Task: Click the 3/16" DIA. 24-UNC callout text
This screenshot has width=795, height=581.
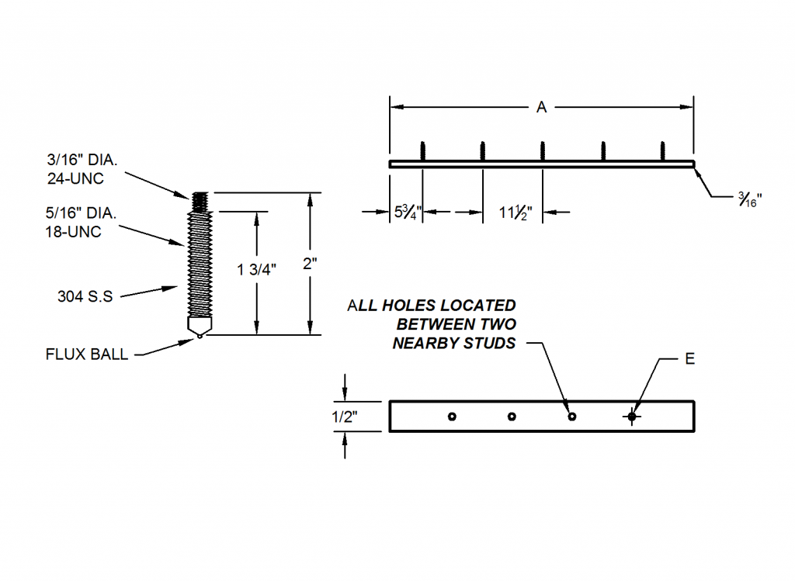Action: coord(82,169)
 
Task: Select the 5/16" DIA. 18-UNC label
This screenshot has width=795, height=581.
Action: coord(81,223)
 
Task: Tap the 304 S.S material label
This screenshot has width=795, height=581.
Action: coord(85,296)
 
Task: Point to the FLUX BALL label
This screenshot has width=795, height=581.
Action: coord(87,354)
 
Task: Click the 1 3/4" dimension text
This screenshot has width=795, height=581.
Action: coord(256,269)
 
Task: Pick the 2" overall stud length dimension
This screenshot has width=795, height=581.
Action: coord(310,264)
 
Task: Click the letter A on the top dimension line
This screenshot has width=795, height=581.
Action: coord(541,107)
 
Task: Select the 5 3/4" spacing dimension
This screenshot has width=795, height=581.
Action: coord(408,212)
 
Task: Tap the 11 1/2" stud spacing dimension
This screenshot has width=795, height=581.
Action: coord(516,213)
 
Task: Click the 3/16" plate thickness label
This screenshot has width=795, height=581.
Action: coord(750,199)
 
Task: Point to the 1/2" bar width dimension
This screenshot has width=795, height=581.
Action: coord(345,417)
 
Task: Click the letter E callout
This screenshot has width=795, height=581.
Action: coord(689,358)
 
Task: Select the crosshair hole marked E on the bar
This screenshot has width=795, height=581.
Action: coord(632,417)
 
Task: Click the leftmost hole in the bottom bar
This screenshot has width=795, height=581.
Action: coord(453,417)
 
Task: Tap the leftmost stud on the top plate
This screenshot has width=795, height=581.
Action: coord(423,151)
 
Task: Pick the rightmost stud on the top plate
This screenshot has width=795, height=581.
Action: coord(663,151)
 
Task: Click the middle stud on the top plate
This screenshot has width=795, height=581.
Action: coord(543,151)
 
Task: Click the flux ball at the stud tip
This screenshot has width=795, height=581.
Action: coord(200,335)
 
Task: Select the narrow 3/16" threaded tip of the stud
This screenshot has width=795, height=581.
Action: coord(200,202)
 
